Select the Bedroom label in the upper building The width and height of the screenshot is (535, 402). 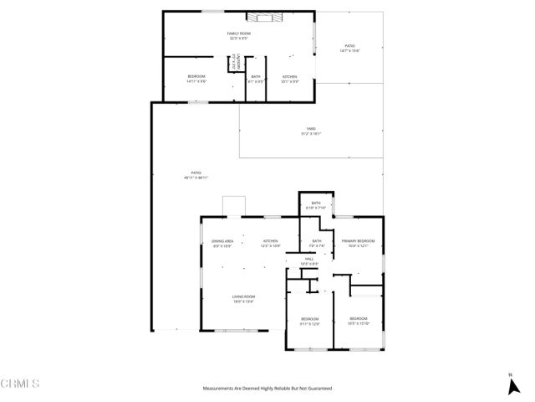click(196, 79)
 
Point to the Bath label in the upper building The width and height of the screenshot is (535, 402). click(256, 79)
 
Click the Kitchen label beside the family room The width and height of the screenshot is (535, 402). click(289, 79)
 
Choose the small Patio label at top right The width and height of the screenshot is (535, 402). click(349, 49)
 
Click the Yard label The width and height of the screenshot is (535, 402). click(311, 131)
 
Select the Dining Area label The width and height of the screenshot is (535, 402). click(222, 244)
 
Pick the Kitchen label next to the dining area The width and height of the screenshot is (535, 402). click(270, 244)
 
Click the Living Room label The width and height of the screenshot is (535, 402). click(243, 299)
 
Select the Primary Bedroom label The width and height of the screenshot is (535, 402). click(358, 244)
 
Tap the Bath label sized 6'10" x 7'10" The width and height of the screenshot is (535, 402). click(317, 205)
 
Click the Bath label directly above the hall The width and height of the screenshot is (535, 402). click(317, 244)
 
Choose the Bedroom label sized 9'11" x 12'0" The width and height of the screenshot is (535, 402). click(309, 321)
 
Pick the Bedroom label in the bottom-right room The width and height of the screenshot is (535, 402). click(358, 321)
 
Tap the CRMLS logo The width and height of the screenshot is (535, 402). click(20, 384)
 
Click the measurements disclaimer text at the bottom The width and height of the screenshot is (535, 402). click(267, 389)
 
